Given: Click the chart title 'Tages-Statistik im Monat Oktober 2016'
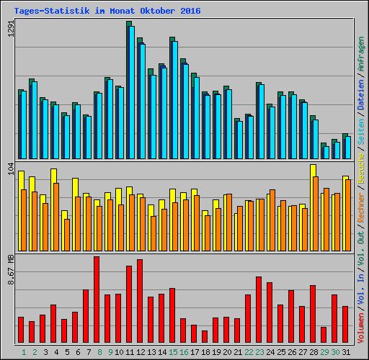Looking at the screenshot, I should click(x=107, y=12).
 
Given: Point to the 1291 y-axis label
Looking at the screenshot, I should click(x=10, y=29).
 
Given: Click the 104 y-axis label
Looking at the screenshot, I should click(x=10, y=171).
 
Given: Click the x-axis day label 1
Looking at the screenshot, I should click(x=24, y=352).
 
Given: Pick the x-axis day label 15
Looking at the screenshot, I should click(x=173, y=352).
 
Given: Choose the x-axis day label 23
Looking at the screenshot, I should click(x=259, y=352).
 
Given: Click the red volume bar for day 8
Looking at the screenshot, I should click(x=97, y=300).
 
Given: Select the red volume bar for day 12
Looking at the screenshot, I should click(x=140, y=301).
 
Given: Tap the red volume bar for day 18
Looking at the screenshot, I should click(x=205, y=336).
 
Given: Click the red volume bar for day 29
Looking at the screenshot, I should click(x=324, y=335).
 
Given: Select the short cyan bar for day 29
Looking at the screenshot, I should click(x=326, y=152).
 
